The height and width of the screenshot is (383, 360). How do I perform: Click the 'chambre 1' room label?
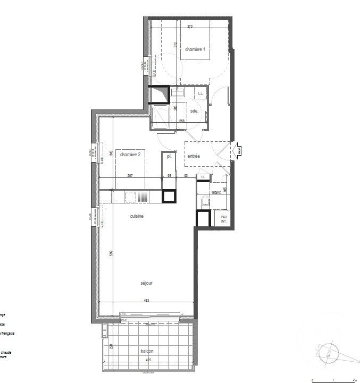click(195, 49)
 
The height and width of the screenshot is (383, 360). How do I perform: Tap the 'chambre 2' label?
click(130, 155)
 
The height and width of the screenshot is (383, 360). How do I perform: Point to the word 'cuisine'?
click(137, 216)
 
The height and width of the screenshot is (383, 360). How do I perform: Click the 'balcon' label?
click(147, 352)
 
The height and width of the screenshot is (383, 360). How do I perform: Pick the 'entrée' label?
click(193, 156)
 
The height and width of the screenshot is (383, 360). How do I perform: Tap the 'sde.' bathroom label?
click(194, 110)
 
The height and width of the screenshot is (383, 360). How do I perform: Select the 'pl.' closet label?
click(169, 156)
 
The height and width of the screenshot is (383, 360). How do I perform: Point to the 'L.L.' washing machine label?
click(200, 93)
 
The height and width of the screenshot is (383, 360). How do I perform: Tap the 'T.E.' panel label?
click(202, 177)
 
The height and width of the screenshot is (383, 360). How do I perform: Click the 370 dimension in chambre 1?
click(189, 26)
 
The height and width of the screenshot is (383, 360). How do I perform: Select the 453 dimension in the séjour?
click(146, 301)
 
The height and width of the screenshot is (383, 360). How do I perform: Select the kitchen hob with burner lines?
click(143, 196)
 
